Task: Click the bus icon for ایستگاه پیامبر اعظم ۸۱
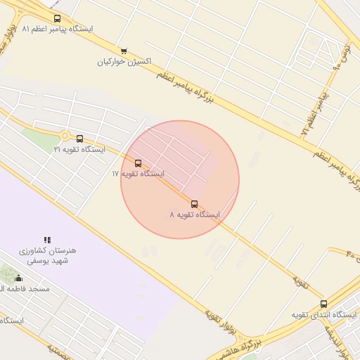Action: click(57, 19)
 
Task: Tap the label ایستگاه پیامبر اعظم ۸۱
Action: click(58, 30)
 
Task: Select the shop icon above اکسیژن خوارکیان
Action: click(124, 51)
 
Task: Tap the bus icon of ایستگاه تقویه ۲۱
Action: click(79, 139)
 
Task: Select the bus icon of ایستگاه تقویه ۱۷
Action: click(138, 163)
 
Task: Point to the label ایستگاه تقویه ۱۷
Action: click(138, 173)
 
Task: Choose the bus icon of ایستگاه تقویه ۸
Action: click(195, 204)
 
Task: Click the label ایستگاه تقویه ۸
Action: click(195, 214)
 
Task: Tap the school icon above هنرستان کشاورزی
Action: click(48, 240)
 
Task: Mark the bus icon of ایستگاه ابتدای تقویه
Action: click(323, 304)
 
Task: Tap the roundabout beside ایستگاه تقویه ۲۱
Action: click(65, 136)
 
